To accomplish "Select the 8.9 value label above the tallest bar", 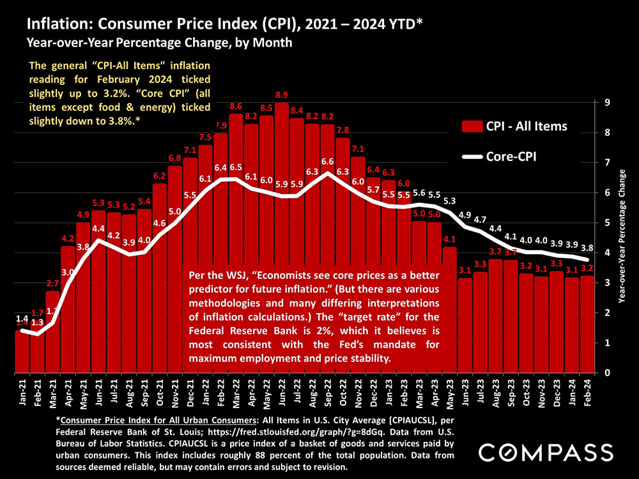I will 281,94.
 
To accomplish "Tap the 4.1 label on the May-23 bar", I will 449,240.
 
